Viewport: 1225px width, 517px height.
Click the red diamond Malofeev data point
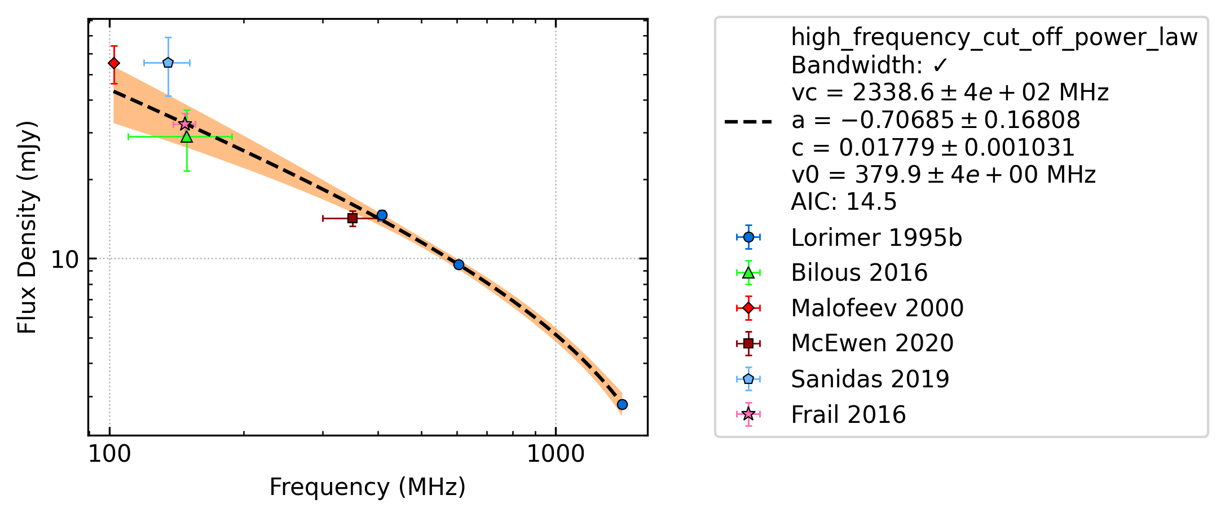click(114, 63)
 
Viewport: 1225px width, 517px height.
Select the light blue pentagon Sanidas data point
click(168, 63)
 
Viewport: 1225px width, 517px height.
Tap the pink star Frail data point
click(184, 124)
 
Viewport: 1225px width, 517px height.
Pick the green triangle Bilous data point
click(187, 136)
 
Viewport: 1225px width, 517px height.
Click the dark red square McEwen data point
click(352, 218)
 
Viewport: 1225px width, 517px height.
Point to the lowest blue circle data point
click(622, 404)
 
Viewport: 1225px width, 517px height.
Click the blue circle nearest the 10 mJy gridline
click(459, 265)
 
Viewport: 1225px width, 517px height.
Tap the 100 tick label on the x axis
click(109, 454)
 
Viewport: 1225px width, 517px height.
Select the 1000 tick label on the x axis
click(556, 454)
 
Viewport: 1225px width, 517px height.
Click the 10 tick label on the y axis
click(65, 259)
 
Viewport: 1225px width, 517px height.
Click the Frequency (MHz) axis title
click(368, 487)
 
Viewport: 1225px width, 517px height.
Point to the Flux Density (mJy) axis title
click(27, 227)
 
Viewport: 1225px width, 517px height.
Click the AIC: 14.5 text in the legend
click(844, 202)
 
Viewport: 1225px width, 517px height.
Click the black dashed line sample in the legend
click(748, 121)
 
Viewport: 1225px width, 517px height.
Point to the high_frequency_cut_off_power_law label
click(994, 38)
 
